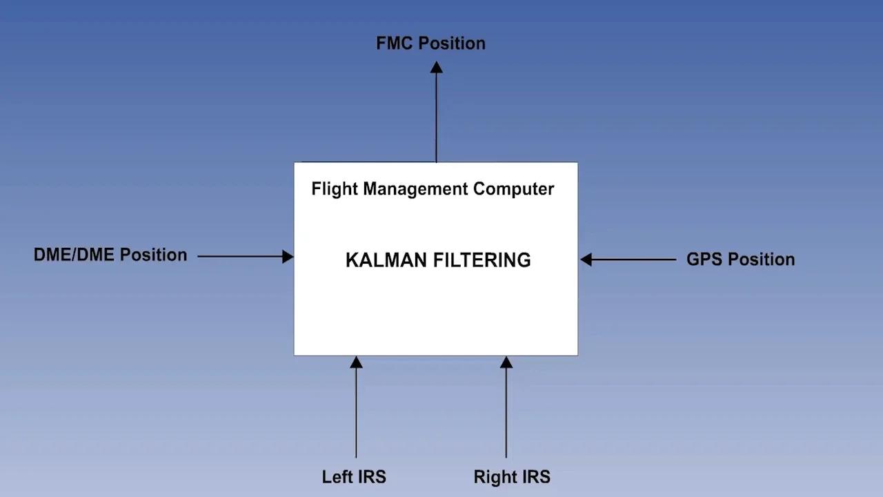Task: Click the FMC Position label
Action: coord(430,43)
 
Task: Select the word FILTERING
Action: coord(483,260)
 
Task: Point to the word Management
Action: coord(416,188)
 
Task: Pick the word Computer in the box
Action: coord(513,189)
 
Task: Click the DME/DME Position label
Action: coord(110,255)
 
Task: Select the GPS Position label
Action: coord(740,260)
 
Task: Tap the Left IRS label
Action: coord(354,477)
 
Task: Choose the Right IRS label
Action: coord(512,477)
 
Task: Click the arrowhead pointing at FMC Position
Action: coord(436,67)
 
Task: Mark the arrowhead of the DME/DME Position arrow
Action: coord(288,256)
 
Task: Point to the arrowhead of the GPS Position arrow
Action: coord(586,260)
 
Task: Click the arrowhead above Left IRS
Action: coord(356,362)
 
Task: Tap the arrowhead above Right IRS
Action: coord(506,362)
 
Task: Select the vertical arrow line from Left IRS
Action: coord(356,414)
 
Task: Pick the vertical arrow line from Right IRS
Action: coord(506,414)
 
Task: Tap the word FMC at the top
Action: coord(395,43)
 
